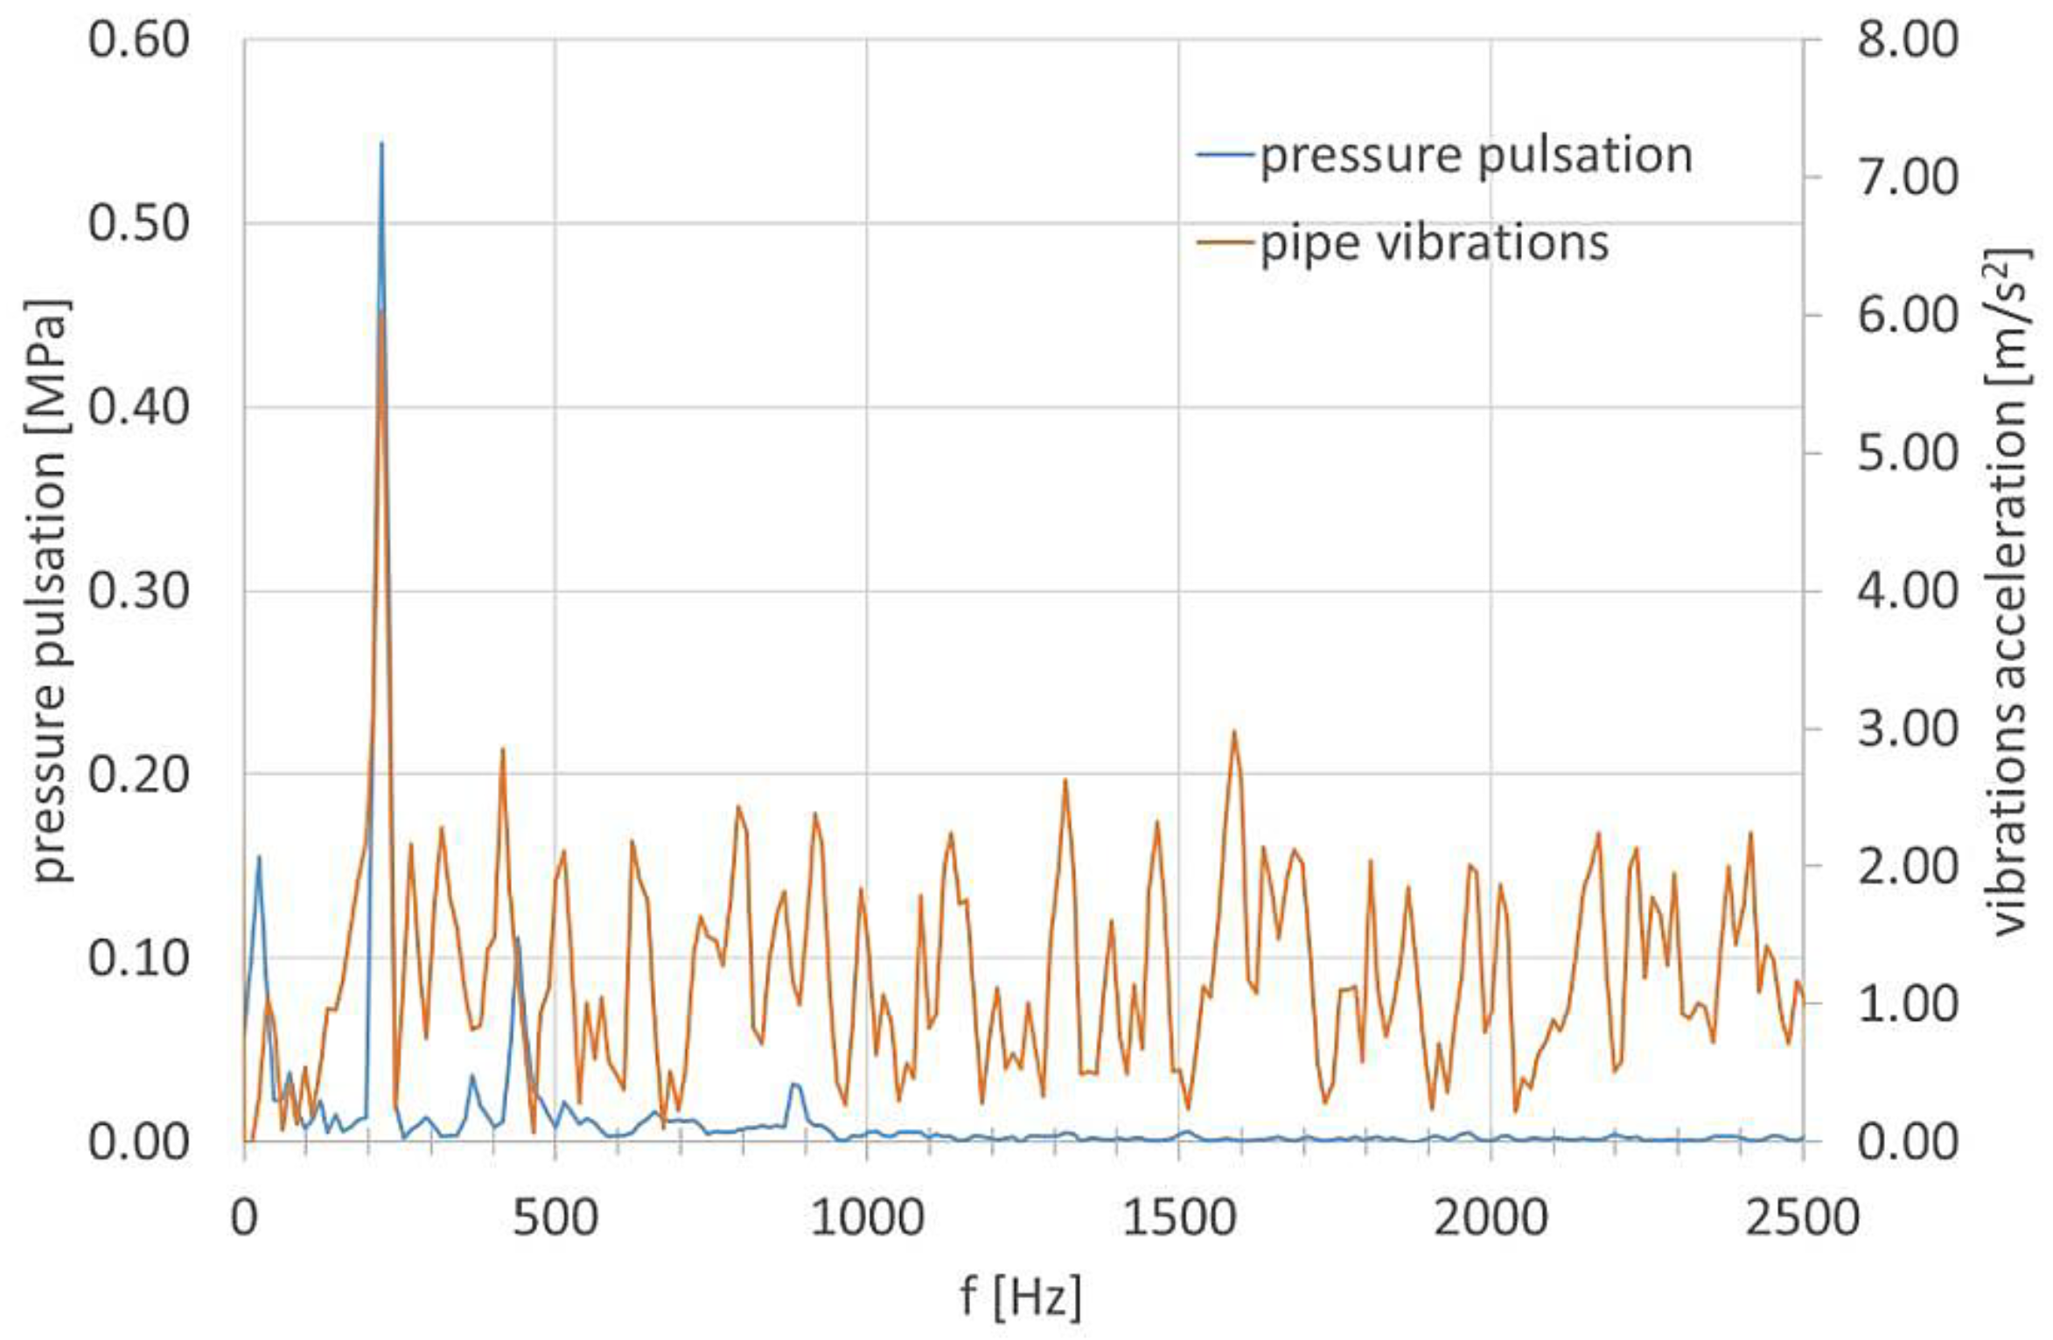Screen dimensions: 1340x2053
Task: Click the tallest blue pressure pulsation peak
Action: (381, 144)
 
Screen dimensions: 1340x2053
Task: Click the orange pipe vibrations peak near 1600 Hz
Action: (1234, 733)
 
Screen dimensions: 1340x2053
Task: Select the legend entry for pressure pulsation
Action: (1443, 156)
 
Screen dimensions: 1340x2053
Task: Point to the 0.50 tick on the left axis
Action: (138, 223)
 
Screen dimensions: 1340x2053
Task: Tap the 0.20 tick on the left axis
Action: (138, 774)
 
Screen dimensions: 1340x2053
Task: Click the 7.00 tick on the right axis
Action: (1908, 178)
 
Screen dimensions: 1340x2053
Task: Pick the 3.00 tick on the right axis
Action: (1908, 729)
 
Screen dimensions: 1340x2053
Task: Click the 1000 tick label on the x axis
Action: (866, 1218)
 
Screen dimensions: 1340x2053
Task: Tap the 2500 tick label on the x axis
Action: (1802, 1218)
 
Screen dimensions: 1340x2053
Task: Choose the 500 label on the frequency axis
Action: (555, 1218)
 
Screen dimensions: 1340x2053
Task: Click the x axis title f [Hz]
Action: (1020, 1295)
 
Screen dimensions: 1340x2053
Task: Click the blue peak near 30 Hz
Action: (258, 857)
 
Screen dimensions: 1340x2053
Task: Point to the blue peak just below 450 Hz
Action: (517, 939)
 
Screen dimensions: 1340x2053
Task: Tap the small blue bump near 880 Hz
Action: (794, 1085)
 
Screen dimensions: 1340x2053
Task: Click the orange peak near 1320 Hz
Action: (1065, 780)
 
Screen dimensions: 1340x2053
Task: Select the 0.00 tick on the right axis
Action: (1908, 1142)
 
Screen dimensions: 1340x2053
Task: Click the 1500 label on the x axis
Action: (1178, 1218)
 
